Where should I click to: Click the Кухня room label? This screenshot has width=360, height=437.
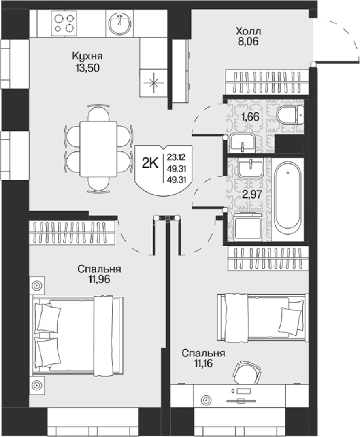[x=87, y=56]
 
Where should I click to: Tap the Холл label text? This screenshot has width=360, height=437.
[x=248, y=30]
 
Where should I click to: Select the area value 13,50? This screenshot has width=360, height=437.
[x=87, y=68]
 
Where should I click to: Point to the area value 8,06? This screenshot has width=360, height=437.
[x=248, y=42]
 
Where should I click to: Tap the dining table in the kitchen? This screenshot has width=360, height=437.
[x=98, y=149]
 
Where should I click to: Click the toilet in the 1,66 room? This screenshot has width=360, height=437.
[x=290, y=115]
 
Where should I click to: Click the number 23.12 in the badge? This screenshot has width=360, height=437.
[x=177, y=157]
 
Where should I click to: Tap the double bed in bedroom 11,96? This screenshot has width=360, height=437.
[x=78, y=335]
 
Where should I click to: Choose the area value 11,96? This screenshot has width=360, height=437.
[x=99, y=279]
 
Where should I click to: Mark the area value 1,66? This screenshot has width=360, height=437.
[x=250, y=117]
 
